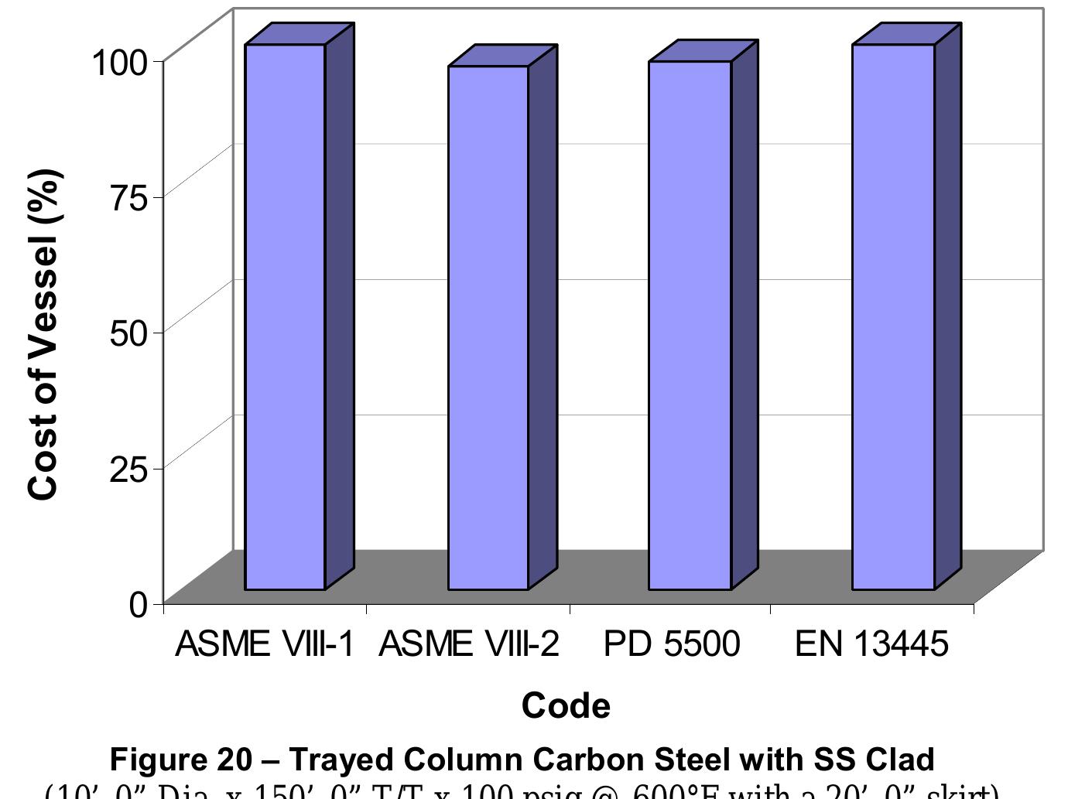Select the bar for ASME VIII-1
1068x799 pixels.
285,317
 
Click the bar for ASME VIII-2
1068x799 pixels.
488,328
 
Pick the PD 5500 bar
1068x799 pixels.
690,326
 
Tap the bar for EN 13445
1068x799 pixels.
893,317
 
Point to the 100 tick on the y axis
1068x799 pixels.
119,62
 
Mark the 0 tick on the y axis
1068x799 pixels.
139,604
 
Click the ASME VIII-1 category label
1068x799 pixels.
265,644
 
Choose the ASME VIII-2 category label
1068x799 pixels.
468,644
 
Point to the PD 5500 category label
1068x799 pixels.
671,644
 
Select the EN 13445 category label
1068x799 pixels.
871,644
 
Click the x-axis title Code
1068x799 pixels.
566,705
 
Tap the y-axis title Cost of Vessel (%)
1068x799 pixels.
43,334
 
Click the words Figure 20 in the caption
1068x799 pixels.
180,760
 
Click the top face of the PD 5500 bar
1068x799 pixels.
703,50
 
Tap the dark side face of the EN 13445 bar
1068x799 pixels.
948,309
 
